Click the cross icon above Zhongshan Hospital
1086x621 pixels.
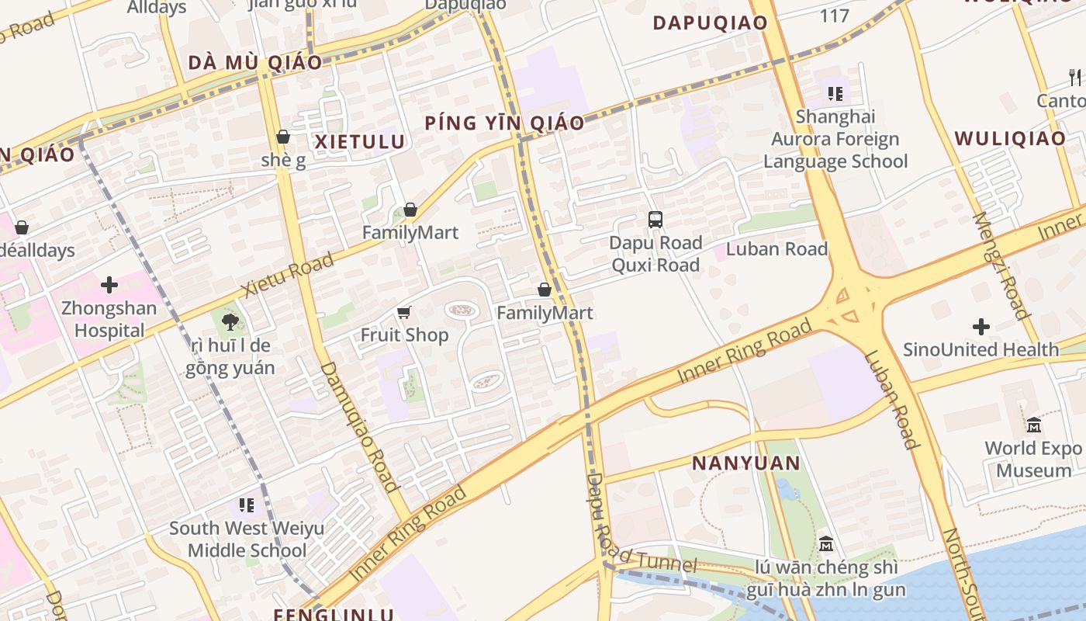click(109, 285)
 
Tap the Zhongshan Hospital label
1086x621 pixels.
click(109, 319)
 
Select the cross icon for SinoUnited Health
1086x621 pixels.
click(981, 327)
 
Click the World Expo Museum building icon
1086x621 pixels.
click(1034, 425)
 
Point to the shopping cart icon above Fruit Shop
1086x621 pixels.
click(403, 313)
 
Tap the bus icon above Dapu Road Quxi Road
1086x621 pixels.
click(655, 220)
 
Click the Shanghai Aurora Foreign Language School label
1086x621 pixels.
click(835, 139)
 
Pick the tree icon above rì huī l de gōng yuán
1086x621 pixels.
click(229, 322)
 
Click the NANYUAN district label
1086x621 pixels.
click(745, 463)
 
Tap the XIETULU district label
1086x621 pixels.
click(359, 141)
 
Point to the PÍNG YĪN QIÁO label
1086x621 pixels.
click(504, 123)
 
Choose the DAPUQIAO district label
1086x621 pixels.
click(710, 23)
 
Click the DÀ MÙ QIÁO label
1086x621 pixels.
click(254, 63)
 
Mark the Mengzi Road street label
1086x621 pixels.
click(1000, 265)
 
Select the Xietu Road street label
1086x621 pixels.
click(288, 274)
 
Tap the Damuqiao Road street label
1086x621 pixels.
click(360, 427)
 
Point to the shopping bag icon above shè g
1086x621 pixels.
click(283, 137)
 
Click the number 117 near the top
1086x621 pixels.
click(835, 15)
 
